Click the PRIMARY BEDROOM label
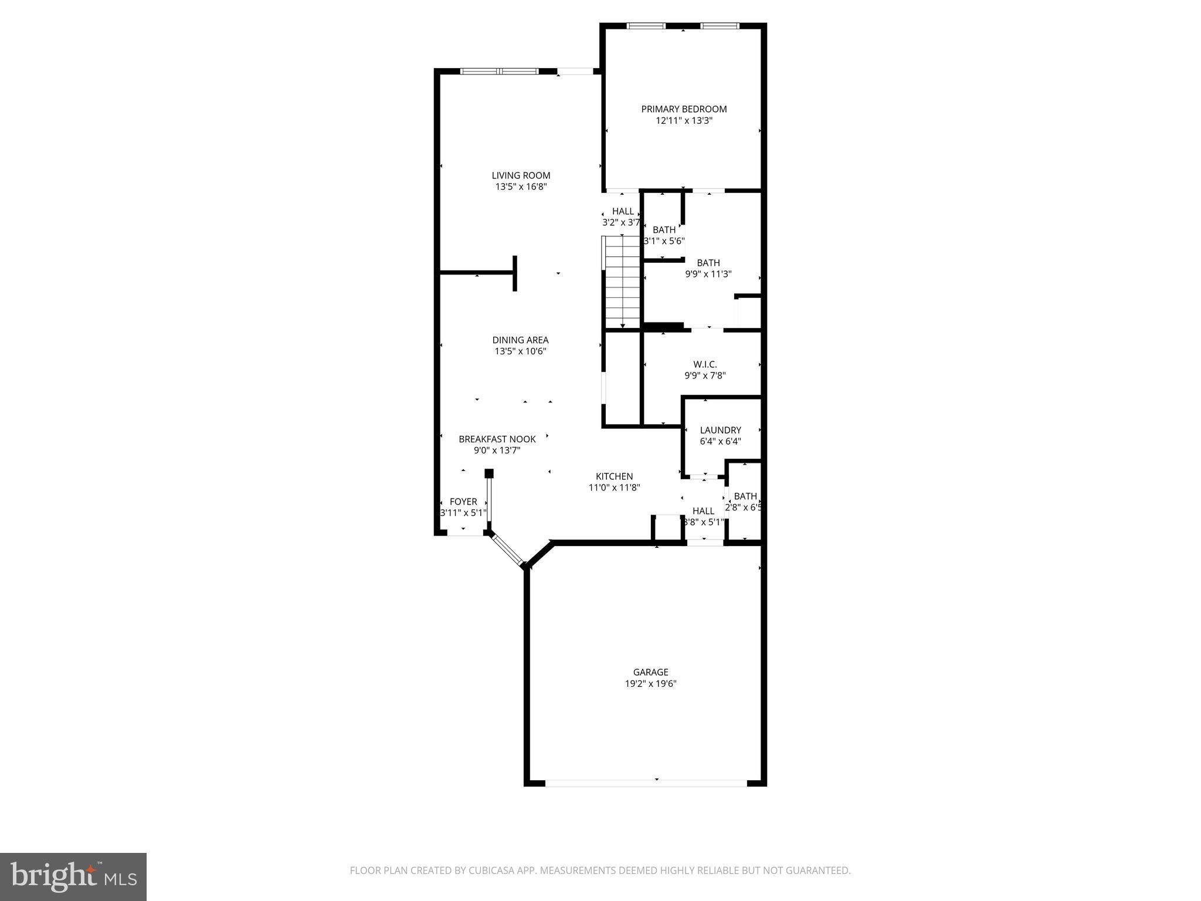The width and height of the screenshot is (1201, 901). [684, 109]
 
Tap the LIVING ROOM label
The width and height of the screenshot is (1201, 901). [521, 175]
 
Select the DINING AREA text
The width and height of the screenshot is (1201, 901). [520, 340]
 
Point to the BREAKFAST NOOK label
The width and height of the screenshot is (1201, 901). [497, 439]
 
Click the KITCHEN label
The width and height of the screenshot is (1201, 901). [614, 476]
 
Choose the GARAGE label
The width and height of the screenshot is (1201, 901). [650, 672]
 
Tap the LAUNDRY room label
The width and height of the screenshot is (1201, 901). [720, 430]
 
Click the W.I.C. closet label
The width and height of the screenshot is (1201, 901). [705, 364]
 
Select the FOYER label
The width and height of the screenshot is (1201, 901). [463, 502]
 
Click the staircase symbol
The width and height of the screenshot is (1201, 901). [622, 282]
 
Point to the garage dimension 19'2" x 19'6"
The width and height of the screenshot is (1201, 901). [650, 684]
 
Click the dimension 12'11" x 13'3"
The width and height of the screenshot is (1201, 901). [684, 121]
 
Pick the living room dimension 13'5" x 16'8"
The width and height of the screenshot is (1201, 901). [521, 187]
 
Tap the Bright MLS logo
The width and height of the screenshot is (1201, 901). [73, 877]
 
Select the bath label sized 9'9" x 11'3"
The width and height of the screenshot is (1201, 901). [708, 263]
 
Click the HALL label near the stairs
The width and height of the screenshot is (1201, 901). [623, 211]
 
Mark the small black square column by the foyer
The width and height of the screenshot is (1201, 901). [489, 473]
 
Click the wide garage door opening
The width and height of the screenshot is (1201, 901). [646, 783]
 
